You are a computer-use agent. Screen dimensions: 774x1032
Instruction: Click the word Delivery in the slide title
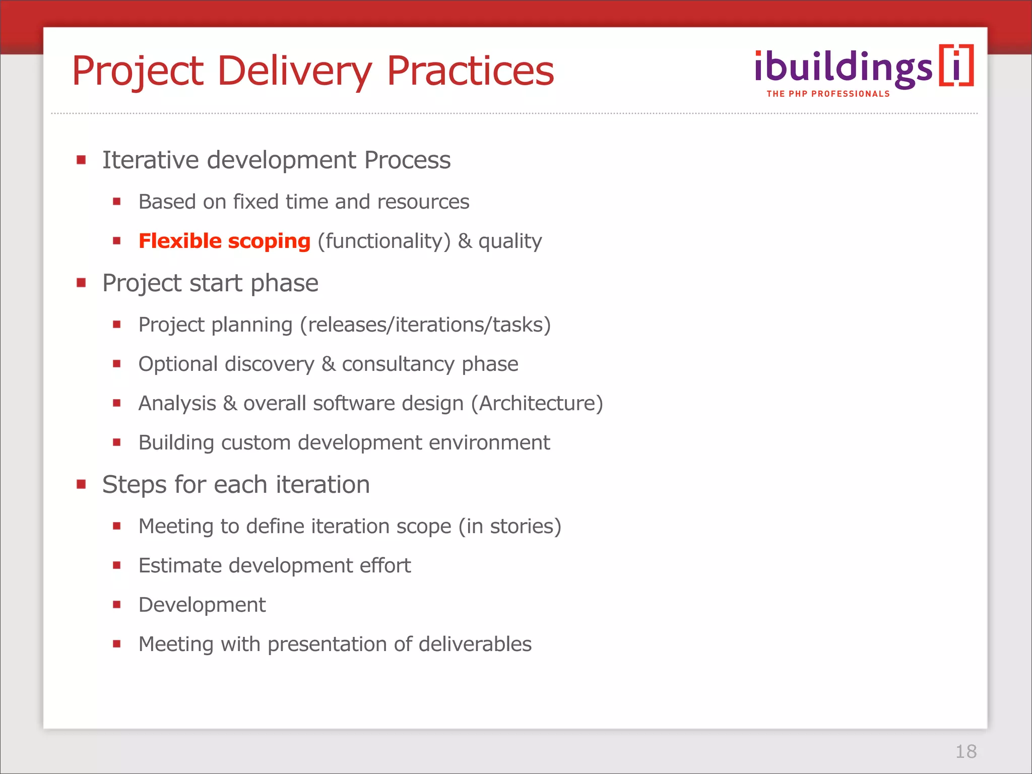295,72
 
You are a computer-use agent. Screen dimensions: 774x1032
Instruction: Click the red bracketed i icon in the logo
956,66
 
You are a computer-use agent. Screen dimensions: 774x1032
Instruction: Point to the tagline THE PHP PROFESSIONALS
828,94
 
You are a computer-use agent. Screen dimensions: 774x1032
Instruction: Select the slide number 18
965,751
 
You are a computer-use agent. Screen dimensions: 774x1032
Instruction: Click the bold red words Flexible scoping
224,241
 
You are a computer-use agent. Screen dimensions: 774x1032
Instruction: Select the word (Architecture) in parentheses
537,403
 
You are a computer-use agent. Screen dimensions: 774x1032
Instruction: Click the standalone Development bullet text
202,605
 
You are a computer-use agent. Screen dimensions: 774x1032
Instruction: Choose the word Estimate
180,565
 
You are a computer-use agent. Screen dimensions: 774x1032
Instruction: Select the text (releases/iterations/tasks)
425,325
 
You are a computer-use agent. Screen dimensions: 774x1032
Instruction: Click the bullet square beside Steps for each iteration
81,484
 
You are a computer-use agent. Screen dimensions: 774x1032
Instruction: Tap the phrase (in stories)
509,526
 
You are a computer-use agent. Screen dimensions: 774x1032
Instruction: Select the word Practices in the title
470,72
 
